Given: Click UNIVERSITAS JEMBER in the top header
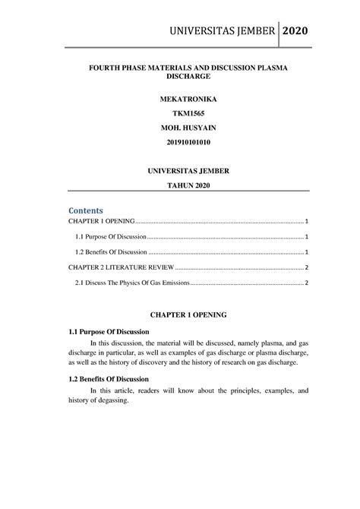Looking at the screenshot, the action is (220, 30).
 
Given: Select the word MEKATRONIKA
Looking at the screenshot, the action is (180, 100).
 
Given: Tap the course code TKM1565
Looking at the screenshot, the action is (180, 115).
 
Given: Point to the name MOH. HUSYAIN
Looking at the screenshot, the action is (180, 130).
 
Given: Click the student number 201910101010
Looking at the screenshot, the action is (180, 144).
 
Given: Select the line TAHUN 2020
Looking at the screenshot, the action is (180, 185).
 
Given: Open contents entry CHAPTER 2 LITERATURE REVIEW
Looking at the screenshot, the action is (114, 267).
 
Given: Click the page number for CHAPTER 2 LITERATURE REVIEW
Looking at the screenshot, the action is (305, 267).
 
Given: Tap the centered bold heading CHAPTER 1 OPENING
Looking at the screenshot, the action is (180, 313).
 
